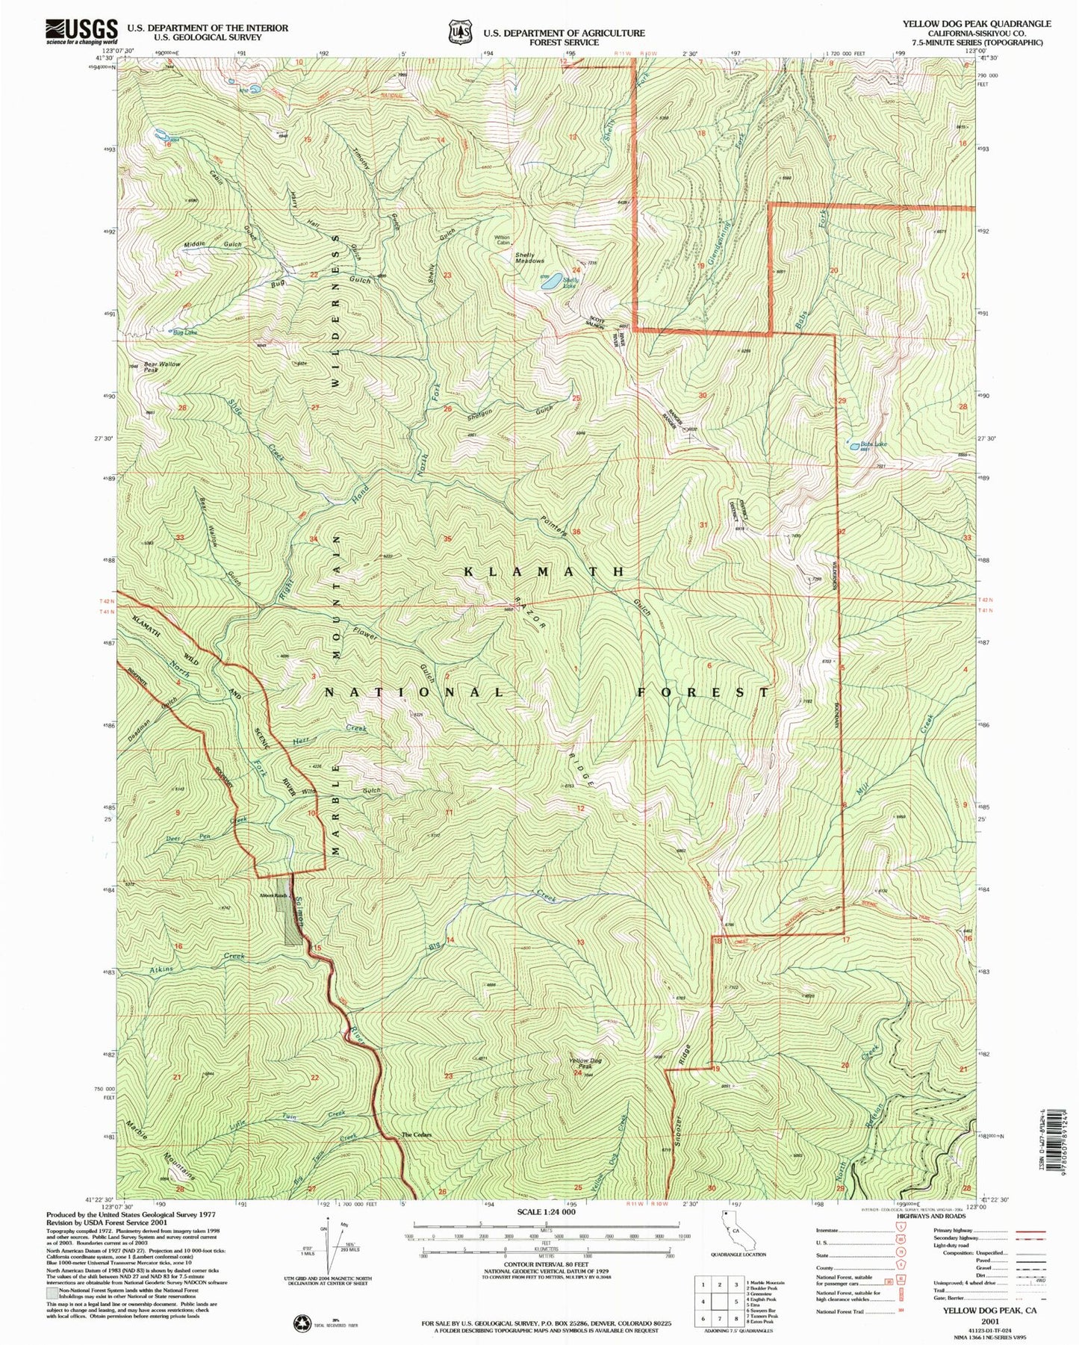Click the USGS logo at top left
point(81,31)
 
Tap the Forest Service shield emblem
point(459,33)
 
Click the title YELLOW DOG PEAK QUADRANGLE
point(976,24)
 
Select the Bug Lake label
point(185,332)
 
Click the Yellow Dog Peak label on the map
point(585,1063)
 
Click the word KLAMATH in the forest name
point(544,571)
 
